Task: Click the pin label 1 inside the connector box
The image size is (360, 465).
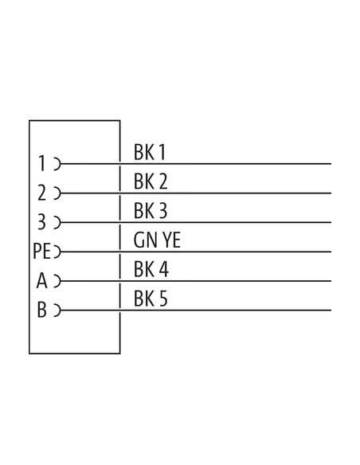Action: [42, 163]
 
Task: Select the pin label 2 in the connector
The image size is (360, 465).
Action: [41, 193]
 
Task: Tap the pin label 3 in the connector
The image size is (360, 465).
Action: [41, 222]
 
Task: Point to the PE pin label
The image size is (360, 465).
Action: [41, 251]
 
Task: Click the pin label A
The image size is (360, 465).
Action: [41, 280]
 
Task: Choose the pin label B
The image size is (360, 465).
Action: [41, 310]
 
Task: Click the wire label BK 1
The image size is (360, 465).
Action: [150, 152]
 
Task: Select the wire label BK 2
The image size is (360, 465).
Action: [151, 182]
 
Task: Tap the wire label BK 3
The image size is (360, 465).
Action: [151, 211]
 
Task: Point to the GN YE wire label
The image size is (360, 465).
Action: [157, 240]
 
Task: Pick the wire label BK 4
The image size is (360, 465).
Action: [151, 269]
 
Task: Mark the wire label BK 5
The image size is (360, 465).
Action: [151, 299]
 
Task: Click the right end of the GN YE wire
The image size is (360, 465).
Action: [331, 252]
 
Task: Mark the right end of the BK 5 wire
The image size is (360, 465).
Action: [331, 311]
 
